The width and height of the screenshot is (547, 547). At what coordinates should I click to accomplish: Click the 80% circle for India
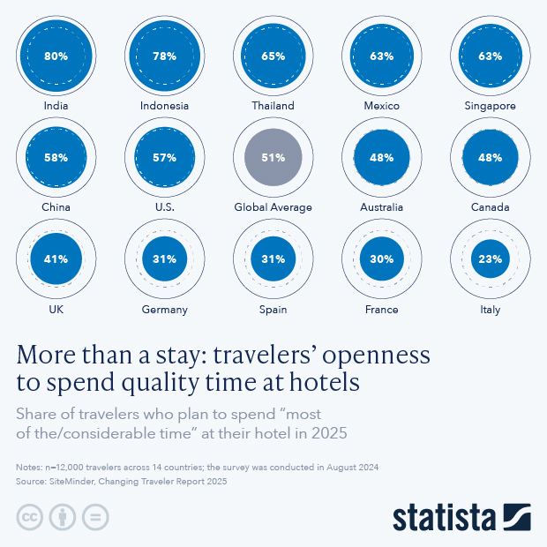(x=56, y=56)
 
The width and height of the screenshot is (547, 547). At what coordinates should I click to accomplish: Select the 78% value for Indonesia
(x=164, y=56)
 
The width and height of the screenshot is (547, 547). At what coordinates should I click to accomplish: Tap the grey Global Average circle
(x=273, y=158)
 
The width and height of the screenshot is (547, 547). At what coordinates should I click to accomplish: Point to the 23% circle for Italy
(x=491, y=259)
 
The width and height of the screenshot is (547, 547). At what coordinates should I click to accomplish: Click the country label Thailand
(x=273, y=106)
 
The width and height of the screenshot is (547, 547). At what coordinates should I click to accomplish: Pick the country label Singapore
(x=491, y=106)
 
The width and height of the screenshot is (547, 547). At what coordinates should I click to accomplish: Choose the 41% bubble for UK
(x=56, y=259)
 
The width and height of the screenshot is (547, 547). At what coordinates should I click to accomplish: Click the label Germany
(x=164, y=310)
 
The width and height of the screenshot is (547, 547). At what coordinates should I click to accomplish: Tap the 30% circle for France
(x=381, y=259)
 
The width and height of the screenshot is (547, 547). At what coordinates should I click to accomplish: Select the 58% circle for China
(x=56, y=158)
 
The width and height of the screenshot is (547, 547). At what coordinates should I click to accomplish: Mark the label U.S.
(x=164, y=207)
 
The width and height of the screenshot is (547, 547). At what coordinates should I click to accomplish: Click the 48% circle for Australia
(x=381, y=158)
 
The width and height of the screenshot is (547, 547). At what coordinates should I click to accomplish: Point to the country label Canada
(x=491, y=207)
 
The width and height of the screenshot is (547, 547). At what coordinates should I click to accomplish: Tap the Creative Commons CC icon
(x=30, y=517)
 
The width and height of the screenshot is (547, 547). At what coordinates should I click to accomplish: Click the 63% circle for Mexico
(x=381, y=56)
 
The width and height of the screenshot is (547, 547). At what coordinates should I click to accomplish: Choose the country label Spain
(x=273, y=310)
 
